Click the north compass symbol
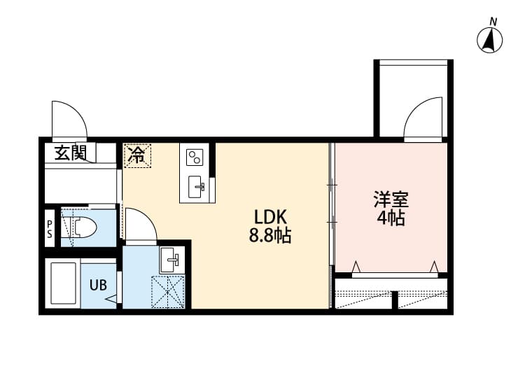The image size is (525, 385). [x=491, y=40]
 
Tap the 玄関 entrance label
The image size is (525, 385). [x=70, y=152]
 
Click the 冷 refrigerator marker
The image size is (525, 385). [x=137, y=155]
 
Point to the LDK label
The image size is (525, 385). [x=267, y=216]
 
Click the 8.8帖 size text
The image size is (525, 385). [x=269, y=235]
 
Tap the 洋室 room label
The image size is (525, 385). [x=390, y=199]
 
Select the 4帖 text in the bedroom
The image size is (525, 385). [x=390, y=218]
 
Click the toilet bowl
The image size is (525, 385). [x=84, y=227]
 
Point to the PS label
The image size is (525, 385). [x=50, y=229]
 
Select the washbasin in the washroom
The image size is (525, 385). [x=171, y=260]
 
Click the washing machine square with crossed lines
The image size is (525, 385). [x=169, y=291]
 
